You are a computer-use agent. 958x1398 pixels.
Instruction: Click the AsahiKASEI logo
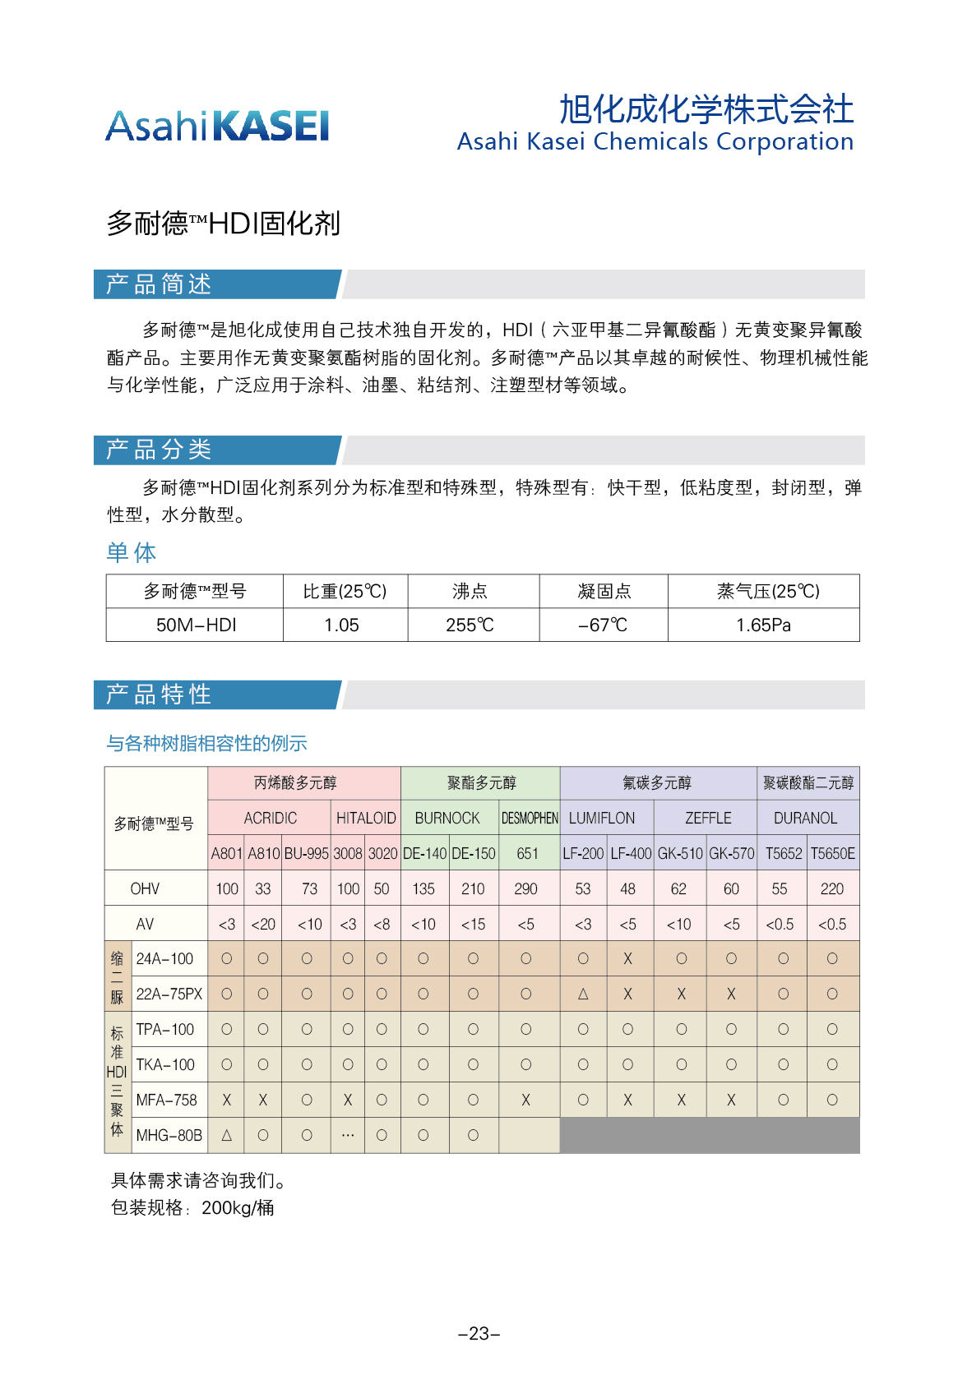[217, 127]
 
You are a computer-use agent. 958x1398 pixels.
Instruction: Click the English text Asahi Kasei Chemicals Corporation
[655, 141]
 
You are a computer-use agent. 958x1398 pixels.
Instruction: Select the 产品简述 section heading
[159, 284]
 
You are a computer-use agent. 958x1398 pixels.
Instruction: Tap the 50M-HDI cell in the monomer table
[196, 625]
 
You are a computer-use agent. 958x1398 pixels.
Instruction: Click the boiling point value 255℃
[470, 625]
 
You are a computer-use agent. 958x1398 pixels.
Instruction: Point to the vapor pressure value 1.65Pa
[763, 625]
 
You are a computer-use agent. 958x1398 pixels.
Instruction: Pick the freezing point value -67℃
[603, 625]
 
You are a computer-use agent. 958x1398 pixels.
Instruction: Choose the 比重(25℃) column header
[345, 592]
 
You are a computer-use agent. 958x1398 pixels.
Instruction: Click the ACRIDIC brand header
[270, 819]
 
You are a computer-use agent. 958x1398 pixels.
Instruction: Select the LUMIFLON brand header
[602, 819]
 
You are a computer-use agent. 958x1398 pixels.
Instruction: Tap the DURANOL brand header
[805, 819]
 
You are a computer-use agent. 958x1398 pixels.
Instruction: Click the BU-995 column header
[306, 854]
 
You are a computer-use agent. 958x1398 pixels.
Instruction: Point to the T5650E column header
[832, 854]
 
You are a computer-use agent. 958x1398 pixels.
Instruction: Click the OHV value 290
[525, 889]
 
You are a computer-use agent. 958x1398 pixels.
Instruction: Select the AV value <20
[263, 925]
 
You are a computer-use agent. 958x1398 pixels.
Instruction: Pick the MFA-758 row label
[166, 1100]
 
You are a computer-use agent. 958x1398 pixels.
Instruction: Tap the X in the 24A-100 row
[627, 959]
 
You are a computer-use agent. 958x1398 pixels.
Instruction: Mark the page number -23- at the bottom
[479, 1334]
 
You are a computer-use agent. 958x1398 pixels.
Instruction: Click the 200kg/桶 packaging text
[238, 1208]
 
